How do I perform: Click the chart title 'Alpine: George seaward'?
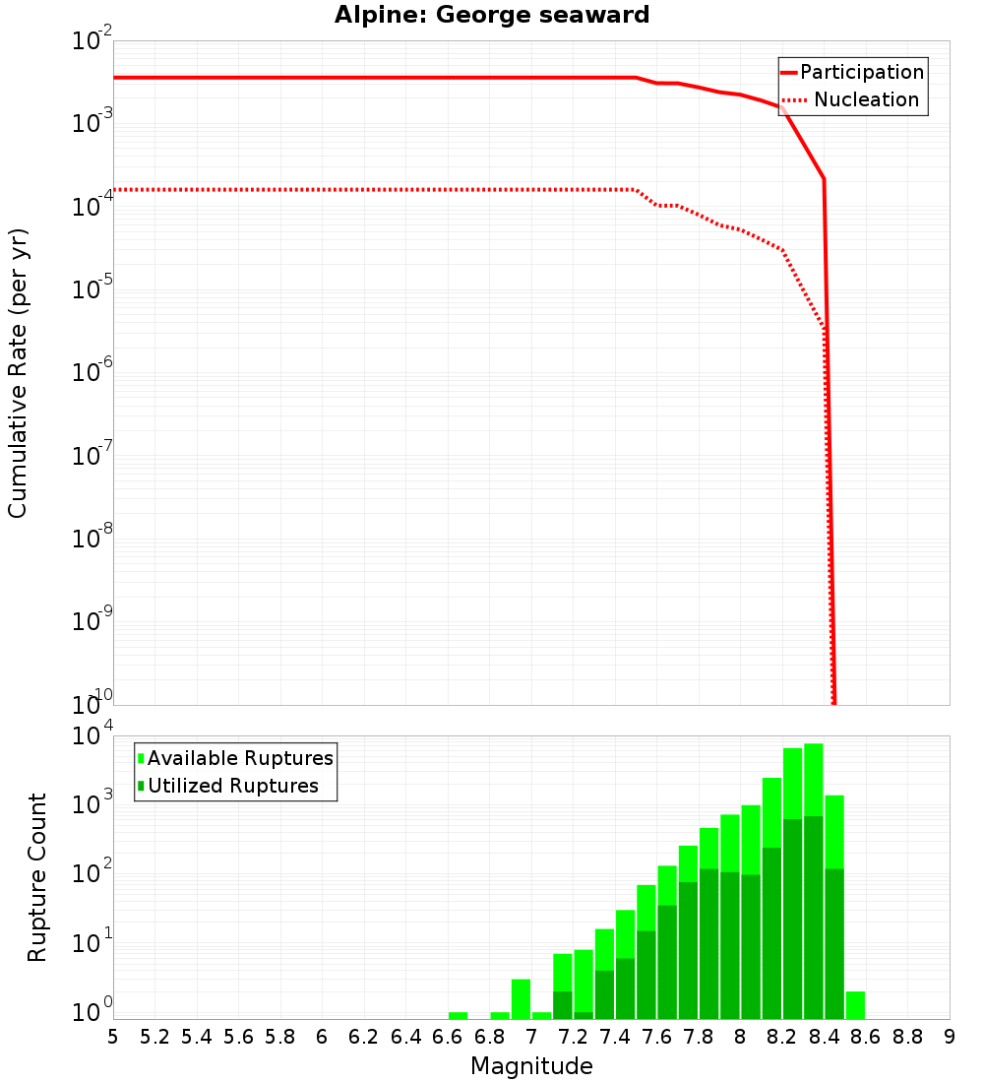[x=492, y=16]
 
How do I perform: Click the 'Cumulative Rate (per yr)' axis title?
[x=18, y=373]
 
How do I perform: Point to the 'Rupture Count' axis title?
[x=37, y=877]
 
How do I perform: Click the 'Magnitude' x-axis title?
[x=531, y=1066]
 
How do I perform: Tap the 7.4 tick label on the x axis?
[x=615, y=1037]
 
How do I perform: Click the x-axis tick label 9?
[x=950, y=1037]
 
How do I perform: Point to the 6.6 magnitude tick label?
[x=448, y=1037]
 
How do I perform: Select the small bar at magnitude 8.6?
[x=855, y=1005]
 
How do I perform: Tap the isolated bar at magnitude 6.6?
[x=458, y=1015]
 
